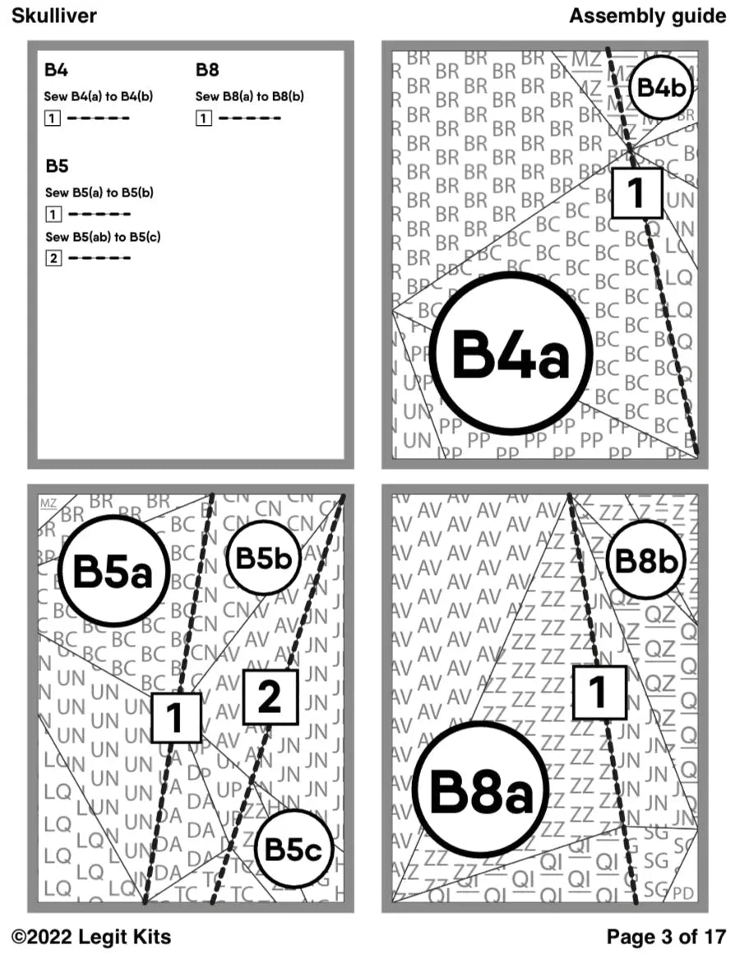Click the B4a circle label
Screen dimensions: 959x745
(x=511, y=354)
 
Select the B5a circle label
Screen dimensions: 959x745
(x=113, y=571)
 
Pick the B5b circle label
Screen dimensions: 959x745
(x=263, y=558)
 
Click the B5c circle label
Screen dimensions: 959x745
(x=293, y=850)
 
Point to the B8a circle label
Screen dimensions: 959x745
(x=481, y=792)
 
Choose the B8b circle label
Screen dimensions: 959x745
(x=646, y=561)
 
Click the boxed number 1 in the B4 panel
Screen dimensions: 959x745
(x=636, y=192)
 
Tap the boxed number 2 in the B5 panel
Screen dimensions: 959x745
(x=270, y=697)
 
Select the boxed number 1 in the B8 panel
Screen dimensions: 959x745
(x=599, y=692)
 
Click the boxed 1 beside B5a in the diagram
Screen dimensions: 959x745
(x=176, y=717)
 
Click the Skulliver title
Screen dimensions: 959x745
(x=54, y=16)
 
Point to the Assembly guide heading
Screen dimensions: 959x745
(x=647, y=16)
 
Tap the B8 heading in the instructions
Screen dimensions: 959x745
(x=207, y=70)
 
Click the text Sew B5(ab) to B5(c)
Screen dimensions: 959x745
(x=103, y=238)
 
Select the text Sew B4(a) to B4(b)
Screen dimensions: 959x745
(x=98, y=96)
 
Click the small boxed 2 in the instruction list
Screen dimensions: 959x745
(x=53, y=258)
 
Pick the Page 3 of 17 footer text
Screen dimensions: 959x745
(x=666, y=936)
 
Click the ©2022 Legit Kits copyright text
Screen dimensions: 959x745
(x=91, y=936)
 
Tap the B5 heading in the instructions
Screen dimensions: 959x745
(x=57, y=167)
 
